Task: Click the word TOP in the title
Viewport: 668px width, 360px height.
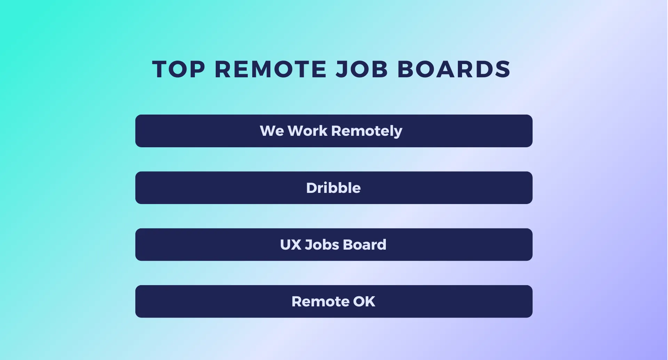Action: (178, 69)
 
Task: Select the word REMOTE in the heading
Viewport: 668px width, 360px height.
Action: (271, 69)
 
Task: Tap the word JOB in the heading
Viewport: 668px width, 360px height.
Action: (362, 69)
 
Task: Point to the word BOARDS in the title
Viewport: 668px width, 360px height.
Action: (454, 69)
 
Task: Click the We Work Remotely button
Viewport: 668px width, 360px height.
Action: (334, 131)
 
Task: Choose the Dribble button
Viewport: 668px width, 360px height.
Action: (334, 188)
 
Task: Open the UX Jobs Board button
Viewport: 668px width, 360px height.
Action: (334, 244)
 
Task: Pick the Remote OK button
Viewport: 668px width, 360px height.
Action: (334, 302)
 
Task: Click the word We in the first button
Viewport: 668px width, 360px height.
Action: (272, 131)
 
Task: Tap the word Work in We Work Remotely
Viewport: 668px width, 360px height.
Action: (308, 131)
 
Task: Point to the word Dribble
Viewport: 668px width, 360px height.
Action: (333, 188)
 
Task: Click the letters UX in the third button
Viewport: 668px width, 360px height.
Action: (291, 245)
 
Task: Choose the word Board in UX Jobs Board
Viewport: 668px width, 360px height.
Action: (365, 245)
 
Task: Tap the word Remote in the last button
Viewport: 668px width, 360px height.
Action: (320, 302)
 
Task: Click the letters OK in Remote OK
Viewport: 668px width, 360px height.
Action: (364, 302)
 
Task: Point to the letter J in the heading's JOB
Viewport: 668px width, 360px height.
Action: (342, 69)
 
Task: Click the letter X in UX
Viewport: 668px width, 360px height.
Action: (296, 245)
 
